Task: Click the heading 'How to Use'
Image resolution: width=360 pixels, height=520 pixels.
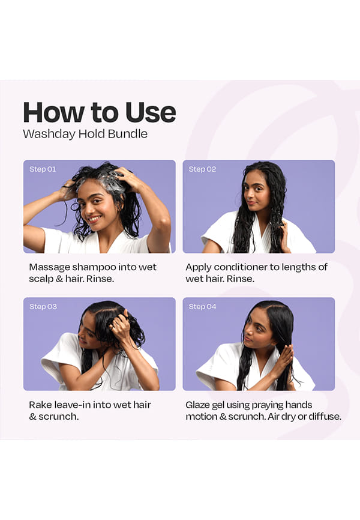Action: point(99,112)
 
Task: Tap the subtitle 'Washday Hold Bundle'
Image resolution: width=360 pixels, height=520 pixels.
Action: point(85,134)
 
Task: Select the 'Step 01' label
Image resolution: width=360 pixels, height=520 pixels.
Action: point(43,169)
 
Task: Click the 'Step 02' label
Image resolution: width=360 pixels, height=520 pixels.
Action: point(202,169)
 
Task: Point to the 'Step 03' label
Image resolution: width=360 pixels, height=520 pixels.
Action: point(43,306)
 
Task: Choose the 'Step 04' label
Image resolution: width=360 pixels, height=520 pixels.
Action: point(202,306)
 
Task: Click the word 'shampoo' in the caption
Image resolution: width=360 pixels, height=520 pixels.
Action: point(94,267)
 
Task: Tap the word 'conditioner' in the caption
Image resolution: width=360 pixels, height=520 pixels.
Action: point(241,267)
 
